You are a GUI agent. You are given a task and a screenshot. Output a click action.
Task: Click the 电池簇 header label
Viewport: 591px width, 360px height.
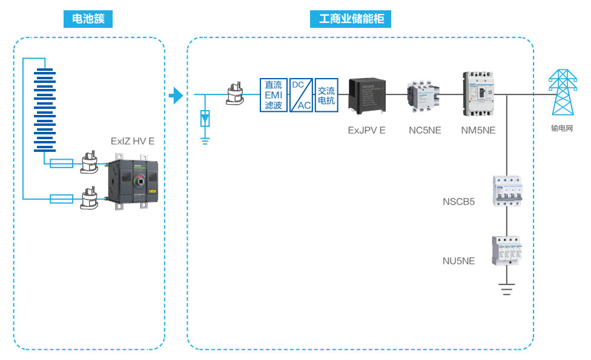[x=88, y=19]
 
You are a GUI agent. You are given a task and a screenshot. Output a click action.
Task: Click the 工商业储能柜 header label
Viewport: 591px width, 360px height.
[x=351, y=19]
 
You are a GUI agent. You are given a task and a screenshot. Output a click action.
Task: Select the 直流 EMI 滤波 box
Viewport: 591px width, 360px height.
[x=273, y=95]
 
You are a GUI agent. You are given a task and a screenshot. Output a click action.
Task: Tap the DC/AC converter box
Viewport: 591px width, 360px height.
[x=301, y=95]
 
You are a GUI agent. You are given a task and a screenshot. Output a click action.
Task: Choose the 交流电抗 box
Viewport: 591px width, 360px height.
[x=326, y=95]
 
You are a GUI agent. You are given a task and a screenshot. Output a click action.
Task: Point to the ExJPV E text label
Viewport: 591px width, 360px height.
[x=366, y=130]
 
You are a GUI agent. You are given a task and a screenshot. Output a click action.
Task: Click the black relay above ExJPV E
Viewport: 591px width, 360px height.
[x=367, y=94]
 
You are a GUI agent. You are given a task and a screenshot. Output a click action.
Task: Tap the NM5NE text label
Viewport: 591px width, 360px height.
[x=478, y=130]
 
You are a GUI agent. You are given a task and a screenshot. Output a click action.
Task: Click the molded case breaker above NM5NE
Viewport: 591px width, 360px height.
[x=479, y=94]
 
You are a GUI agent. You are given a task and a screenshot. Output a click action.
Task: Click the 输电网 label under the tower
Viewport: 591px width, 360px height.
[x=562, y=128]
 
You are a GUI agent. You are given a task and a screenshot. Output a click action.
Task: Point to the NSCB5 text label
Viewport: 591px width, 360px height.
[x=458, y=201]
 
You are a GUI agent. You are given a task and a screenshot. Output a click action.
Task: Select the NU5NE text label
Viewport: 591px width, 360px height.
[x=458, y=261]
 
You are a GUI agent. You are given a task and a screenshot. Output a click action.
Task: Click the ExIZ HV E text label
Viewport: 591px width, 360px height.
[x=133, y=141]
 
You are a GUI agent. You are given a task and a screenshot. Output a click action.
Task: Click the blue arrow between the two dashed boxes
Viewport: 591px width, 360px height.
[x=175, y=96]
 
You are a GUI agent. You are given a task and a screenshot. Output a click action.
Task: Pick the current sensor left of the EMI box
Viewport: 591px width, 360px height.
[x=234, y=94]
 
